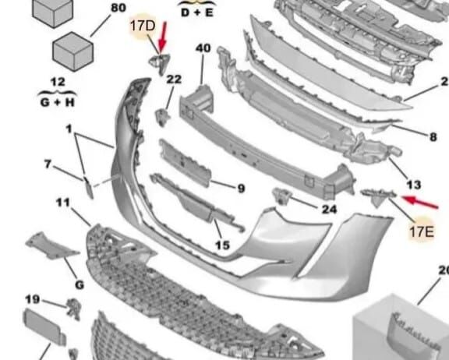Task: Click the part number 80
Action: coord(118,9)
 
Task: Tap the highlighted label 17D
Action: coord(143,29)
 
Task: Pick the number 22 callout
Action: coord(173,79)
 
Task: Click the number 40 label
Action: coord(203,48)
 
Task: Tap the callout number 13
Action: coord(414,185)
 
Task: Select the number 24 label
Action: coord(329,209)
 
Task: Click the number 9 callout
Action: coord(240,188)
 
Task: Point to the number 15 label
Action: coord(222,246)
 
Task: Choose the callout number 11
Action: coord(63,203)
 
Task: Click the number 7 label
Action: coord(48,164)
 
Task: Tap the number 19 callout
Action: coord(32,299)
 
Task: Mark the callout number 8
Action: coord(433,137)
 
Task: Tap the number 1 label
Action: coord(68,128)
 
